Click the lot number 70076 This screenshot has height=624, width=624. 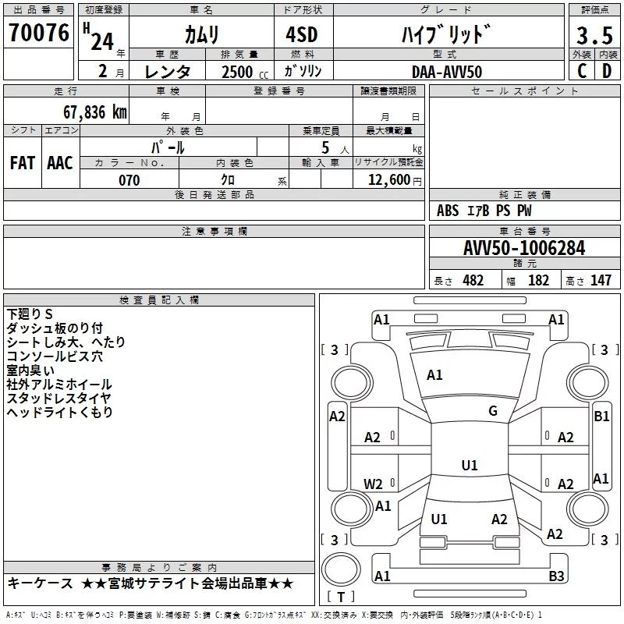(38, 33)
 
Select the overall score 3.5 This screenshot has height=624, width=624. (594, 36)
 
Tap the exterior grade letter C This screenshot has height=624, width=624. (581, 70)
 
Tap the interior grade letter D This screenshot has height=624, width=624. (607, 70)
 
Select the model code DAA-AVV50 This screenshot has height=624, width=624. (447, 72)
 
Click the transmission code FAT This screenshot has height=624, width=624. (22, 162)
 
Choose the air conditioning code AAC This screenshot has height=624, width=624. (59, 162)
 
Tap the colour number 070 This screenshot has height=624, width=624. (129, 180)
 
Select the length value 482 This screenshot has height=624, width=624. (473, 281)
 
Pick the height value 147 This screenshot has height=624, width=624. (601, 281)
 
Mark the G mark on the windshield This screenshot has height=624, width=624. (492, 411)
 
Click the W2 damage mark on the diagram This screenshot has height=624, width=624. (374, 484)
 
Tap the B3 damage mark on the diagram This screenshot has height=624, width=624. (556, 576)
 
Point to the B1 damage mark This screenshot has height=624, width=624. (601, 417)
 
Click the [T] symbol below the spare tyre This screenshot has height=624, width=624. (340, 597)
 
